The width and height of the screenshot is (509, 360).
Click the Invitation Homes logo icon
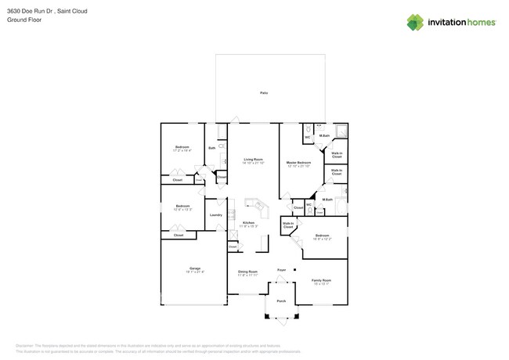pos(415,22)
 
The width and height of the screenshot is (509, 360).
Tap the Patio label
pos(264,93)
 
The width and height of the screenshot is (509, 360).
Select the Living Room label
pos(252,160)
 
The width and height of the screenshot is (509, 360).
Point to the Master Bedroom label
pos(299,163)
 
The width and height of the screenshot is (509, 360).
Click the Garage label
pos(195,268)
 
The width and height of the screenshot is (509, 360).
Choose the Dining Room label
pos(247,272)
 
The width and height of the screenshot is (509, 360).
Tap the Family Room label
pos(321,280)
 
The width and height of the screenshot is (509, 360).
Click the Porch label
pos(281,301)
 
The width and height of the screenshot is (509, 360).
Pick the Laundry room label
pos(215,214)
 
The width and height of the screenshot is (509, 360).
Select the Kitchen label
pos(248,223)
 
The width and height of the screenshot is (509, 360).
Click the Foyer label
pos(282,270)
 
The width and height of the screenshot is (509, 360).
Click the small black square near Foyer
pos(295,269)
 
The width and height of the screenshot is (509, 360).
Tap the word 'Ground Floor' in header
pos(24,20)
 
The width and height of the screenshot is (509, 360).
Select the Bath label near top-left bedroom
pos(211,148)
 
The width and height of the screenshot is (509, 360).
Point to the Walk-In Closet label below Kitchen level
pos(288,225)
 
